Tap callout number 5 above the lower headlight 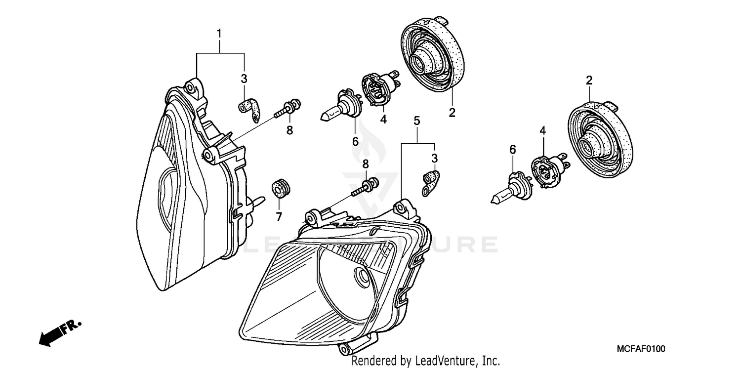tap(416, 121)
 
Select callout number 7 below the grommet tap(278, 216)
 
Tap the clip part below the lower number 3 tap(431, 181)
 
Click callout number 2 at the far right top tap(588, 81)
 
